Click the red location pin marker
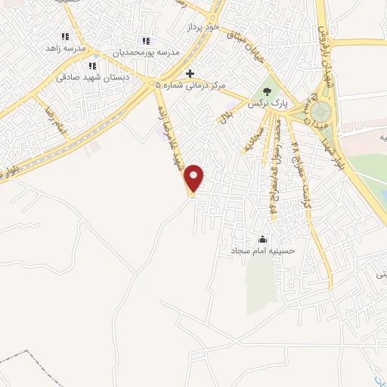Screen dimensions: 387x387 tap(195, 178)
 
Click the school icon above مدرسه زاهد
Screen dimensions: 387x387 tap(65, 36)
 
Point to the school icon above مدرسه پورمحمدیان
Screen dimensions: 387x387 tap(146, 41)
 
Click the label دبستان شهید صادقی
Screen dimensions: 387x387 tap(86, 77)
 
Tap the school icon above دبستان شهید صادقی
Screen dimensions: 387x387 tap(93, 66)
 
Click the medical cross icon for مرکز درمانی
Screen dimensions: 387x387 tap(190, 73)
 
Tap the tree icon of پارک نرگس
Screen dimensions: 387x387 tap(265, 93)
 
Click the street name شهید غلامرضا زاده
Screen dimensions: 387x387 tap(172, 136)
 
